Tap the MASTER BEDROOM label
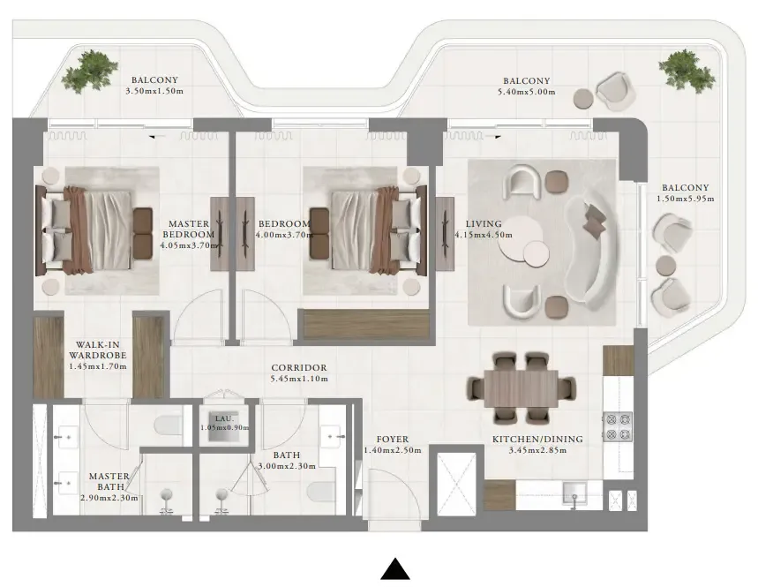coord(188,230)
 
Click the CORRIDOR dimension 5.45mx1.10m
coord(300,380)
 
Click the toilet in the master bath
coord(168,426)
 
